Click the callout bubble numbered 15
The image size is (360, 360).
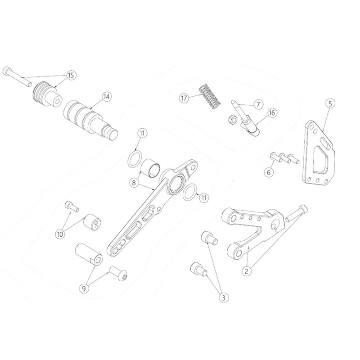[71, 75]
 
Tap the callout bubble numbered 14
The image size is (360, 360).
[106, 97]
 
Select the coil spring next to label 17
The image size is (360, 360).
[210, 96]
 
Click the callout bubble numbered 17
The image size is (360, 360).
[184, 98]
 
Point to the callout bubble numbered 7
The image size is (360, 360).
[258, 104]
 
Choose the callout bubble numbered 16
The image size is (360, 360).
[272, 113]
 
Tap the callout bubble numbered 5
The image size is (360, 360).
[330, 103]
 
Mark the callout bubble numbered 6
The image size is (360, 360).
[269, 172]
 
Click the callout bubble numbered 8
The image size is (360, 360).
[134, 183]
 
